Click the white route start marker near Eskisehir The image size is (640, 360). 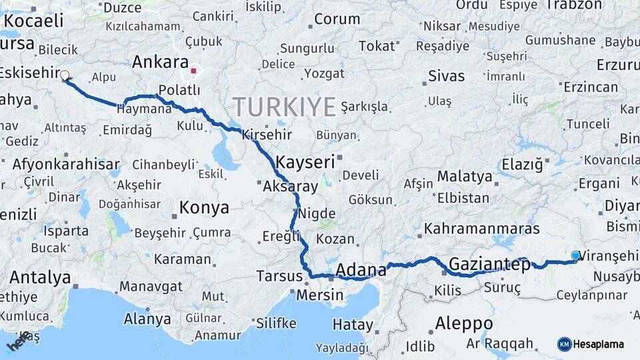coord(65,75)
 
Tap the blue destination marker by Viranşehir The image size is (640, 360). coord(576,255)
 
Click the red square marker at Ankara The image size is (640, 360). coord(193,70)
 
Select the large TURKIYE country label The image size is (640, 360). coord(284,107)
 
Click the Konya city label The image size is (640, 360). coord(205,208)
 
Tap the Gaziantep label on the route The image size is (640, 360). coord(490,265)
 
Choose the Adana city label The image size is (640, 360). coord(361,270)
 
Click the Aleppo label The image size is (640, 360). coord(464,324)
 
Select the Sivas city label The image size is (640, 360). coord(447,75)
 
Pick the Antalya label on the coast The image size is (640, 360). coord(41,277)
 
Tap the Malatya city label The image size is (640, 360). coord(465,177)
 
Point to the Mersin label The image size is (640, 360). coord(319,295)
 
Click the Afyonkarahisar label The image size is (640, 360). coord(66,164)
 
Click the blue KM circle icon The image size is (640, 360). coord(565,344)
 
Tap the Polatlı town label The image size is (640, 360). coord(180,90)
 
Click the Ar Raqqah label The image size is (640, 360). coord(500,344)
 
